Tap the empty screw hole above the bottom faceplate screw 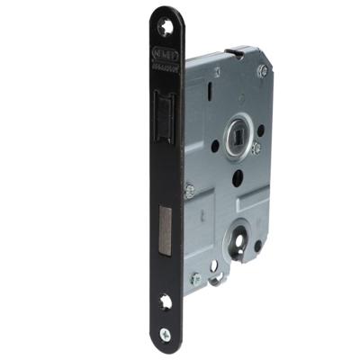click(x=166, y=303)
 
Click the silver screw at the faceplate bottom click(x=165, y=334)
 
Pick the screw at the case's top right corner click(x=262, y=70)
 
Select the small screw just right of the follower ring click(x=256, y=148)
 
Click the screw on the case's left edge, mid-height click(x=190, y=190)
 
